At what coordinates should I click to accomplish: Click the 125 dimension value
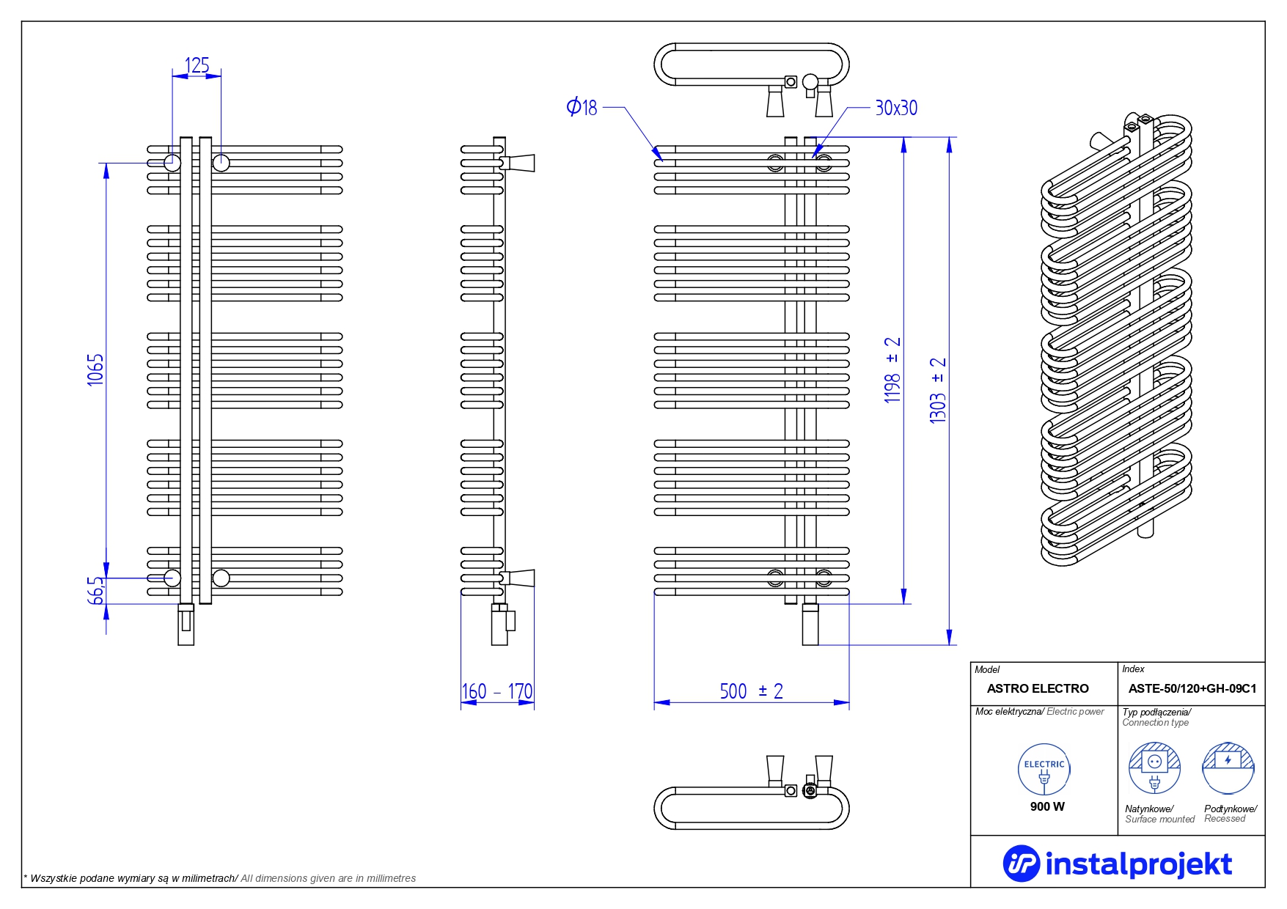click(x=197, y=66)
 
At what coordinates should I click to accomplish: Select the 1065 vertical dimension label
click(x=95, y=369)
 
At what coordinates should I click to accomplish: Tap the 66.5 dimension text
click(x=96, y=590)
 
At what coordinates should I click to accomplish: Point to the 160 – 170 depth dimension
click(x=497, y=691)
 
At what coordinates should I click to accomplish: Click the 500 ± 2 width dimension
click(x=751, y=691)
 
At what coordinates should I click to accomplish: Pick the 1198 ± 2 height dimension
click(x=892, y=370)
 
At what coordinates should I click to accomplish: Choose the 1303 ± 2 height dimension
click(x=938, y=390)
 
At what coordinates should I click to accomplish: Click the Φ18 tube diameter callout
click(x=582, y=107)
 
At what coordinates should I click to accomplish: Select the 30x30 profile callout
click(x=895, y=108)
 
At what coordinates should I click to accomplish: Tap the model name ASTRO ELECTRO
click(x=1037, y=688)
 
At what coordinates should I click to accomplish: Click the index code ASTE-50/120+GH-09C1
click(x=1192, y=688)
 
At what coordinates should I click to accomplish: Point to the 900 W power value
click(x=1046, y=806)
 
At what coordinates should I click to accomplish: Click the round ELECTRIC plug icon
click(x=1044, y=769)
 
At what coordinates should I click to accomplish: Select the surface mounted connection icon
click(x=1154, y=768)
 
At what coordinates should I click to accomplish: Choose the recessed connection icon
click(x=1228, y=768)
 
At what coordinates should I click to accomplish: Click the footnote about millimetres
click(x=220, y=878)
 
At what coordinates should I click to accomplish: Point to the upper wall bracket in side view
click(x=519, y=163)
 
